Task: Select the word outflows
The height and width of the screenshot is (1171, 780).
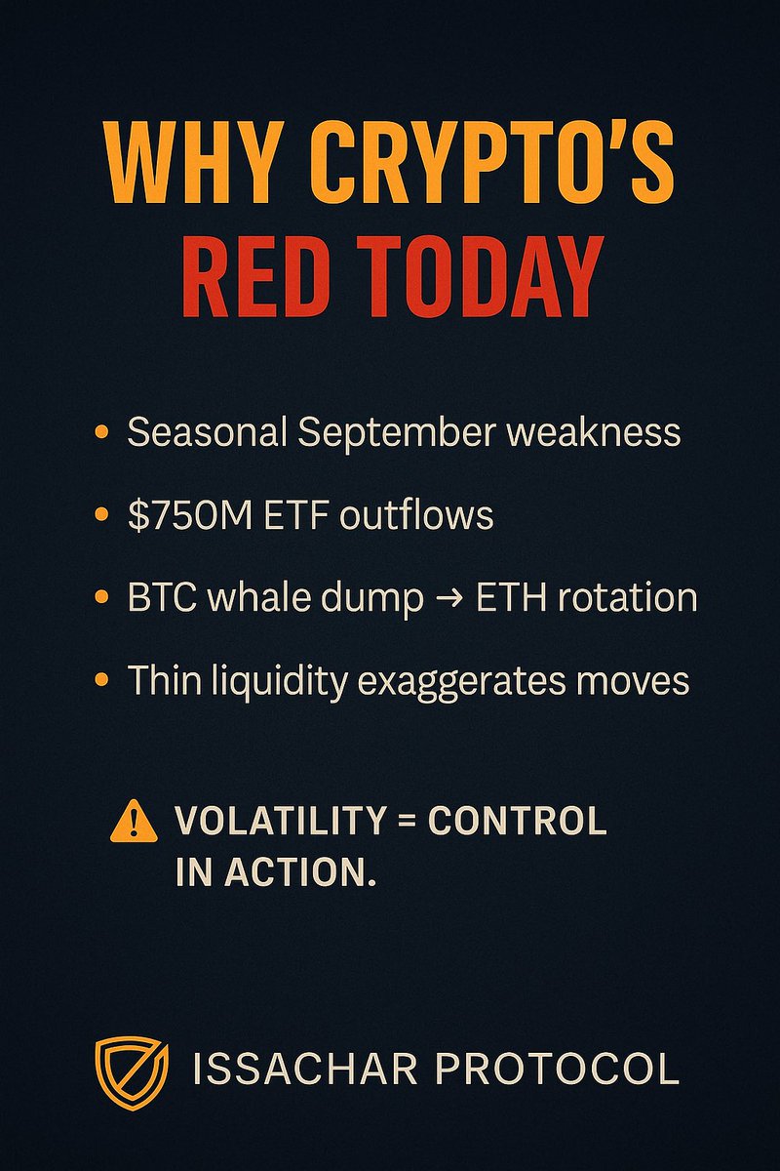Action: [x=415, y=515]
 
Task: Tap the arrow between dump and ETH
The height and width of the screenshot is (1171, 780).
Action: [x=448, y=598]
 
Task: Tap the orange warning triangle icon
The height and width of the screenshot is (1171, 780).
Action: [x=134, y=822]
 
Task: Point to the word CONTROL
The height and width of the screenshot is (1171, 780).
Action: [x=518, y=822]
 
